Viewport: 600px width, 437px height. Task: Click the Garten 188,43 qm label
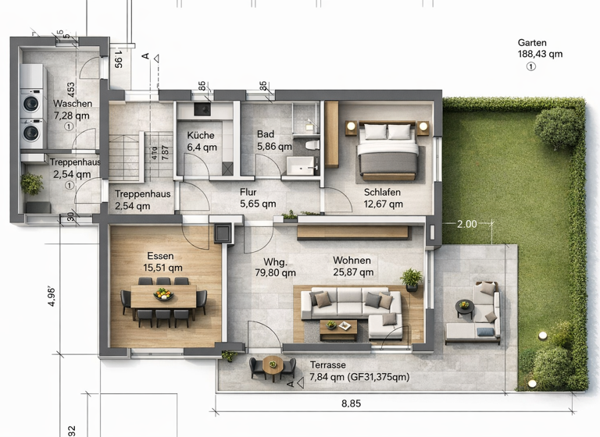coord(540,48)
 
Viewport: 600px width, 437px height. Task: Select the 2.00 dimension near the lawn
coord(466,224)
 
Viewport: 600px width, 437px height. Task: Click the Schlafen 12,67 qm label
coord(383,198)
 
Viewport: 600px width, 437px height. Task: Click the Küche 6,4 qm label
coord(201,140)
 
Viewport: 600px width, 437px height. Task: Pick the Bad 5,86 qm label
coord(274,140)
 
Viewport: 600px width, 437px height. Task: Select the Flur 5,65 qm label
coord(258,198)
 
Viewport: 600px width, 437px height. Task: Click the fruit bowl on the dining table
coord(162,294)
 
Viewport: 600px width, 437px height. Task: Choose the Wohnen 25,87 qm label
coord(352,266)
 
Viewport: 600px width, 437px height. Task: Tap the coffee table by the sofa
coord(338,327)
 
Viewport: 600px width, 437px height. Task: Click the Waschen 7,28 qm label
coord(73,109)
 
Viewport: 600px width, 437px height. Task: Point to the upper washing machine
coord(32,103)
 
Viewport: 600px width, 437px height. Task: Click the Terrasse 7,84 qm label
coord(359,371)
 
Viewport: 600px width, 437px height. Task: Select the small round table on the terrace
coord(273,363)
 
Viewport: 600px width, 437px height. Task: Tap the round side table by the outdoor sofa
coord(464,308)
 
